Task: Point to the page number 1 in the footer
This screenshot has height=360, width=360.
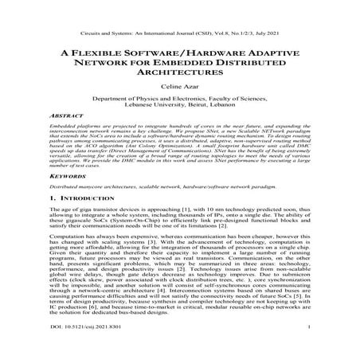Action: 307,348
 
